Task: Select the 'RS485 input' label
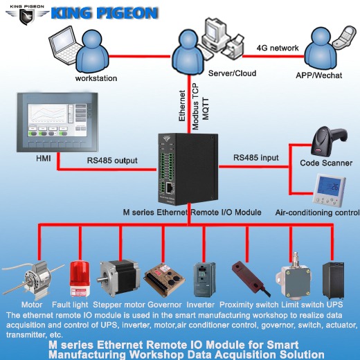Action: point(256,158)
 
